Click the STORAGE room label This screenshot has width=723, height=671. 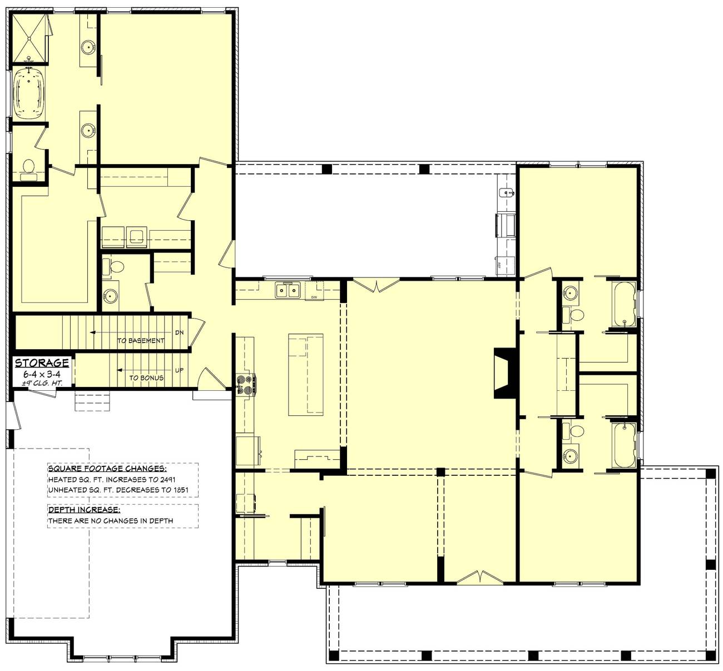click(42, 363)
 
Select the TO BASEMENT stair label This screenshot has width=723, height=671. click(140, 341)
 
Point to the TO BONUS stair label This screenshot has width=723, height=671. click(146, 378)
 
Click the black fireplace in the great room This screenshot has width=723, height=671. click(504, 372)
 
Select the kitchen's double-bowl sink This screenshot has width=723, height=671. click(288, 290)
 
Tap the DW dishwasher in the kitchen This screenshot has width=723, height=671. click(314, 290)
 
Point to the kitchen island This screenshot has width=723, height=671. click(305, 375)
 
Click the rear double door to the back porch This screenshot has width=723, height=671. click(377, 285)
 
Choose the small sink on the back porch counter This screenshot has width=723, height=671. click(506, 193)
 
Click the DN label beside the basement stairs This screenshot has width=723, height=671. click(179, 332)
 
